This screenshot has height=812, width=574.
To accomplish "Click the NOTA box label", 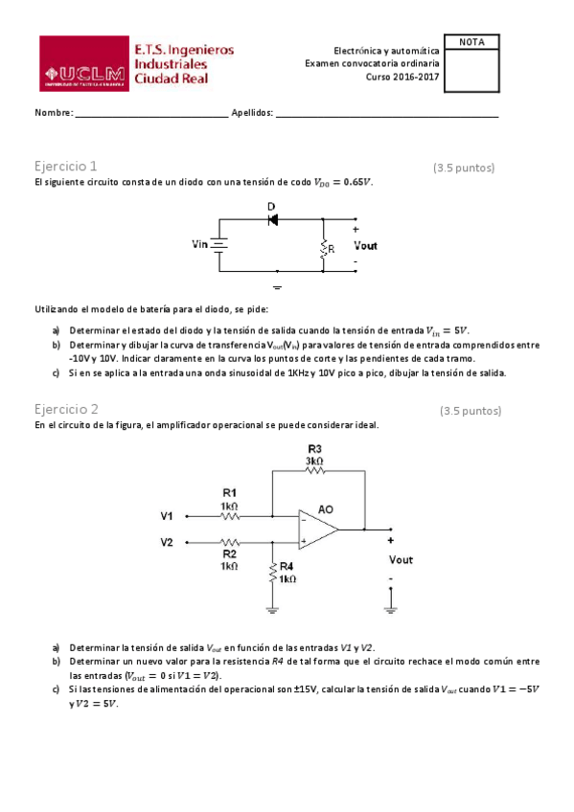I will click(x=472, y=42).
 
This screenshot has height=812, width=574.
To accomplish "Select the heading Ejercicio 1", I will click(x=66, y=166).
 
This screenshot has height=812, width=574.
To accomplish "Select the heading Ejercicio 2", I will click(x=66, y=409).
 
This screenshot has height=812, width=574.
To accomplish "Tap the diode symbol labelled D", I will click(x=272, y=219).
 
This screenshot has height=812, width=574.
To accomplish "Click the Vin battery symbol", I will click(x=219, y=245).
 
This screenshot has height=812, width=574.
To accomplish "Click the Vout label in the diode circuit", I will click(x=365, y=245).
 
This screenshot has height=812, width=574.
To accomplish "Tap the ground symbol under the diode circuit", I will click(x=277, y=286).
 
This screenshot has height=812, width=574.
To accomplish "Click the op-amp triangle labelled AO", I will click(x=317, y=528).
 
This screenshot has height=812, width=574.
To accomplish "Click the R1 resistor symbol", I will click(x=229, y=515).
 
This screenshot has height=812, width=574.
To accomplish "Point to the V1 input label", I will click(x=167, y=515).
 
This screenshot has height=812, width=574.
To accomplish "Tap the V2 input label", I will click(x=167, y=542).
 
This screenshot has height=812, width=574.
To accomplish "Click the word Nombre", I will click(x=54, y=113).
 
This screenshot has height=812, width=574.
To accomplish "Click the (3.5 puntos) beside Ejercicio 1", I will click(x=464, y=167).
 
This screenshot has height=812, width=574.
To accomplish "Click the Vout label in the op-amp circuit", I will click(x=402, y=559).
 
